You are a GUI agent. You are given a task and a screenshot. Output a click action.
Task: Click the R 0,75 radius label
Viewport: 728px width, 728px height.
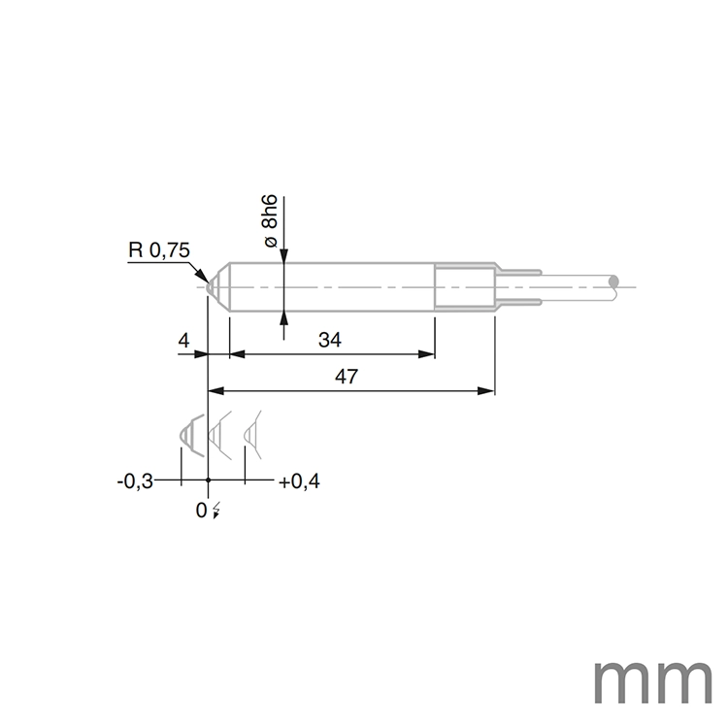159,250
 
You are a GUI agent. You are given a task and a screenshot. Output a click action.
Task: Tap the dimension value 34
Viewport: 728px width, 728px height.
331,340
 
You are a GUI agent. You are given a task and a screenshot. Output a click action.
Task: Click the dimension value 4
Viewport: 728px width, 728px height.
183,340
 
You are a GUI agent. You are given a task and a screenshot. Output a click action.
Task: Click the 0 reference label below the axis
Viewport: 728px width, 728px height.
202,510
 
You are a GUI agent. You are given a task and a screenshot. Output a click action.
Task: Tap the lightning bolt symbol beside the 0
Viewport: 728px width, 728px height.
215,511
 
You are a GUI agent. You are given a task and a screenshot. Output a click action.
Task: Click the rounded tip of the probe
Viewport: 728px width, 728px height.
211,286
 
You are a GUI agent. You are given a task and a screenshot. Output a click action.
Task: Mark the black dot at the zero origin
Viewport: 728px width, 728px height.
208,480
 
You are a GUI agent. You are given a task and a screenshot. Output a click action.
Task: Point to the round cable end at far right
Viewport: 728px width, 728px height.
612,282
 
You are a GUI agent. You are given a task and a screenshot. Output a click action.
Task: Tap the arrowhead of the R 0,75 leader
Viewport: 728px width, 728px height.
205,278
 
